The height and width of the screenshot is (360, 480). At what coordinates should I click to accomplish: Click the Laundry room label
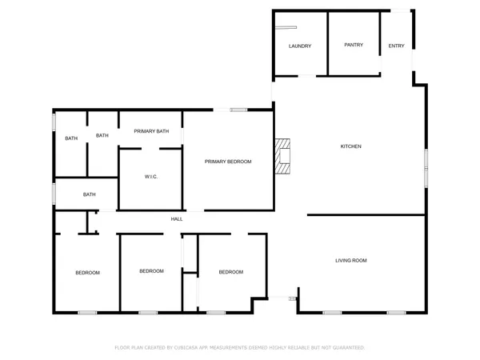[299, 46]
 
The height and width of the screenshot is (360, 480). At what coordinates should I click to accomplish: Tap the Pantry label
[354, 45]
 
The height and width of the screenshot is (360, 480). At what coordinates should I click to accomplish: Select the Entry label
[397, 46]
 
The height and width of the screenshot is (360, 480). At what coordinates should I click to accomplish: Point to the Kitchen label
[352, 146]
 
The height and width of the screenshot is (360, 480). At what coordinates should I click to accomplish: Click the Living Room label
[350, 261]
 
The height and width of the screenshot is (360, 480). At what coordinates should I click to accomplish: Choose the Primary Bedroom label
[228, 162]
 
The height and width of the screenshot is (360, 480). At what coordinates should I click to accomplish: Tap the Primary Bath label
[151, 131]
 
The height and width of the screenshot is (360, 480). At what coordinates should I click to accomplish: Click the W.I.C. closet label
[151, 177]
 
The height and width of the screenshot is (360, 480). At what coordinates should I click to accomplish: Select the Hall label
[177, 218]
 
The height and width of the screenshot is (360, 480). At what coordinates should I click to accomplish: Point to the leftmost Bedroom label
[88, 273]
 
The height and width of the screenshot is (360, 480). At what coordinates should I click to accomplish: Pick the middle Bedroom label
[151, 271]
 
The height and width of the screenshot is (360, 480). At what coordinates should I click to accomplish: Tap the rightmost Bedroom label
[231, 272]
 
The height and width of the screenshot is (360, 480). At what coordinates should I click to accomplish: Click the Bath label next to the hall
[90, 194]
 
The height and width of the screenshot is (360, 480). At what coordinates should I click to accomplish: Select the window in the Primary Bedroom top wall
[238, 110]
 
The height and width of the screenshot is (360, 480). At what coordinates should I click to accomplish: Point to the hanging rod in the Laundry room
[282, 26]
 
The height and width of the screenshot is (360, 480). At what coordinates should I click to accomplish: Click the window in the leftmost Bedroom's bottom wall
[87, 312]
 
